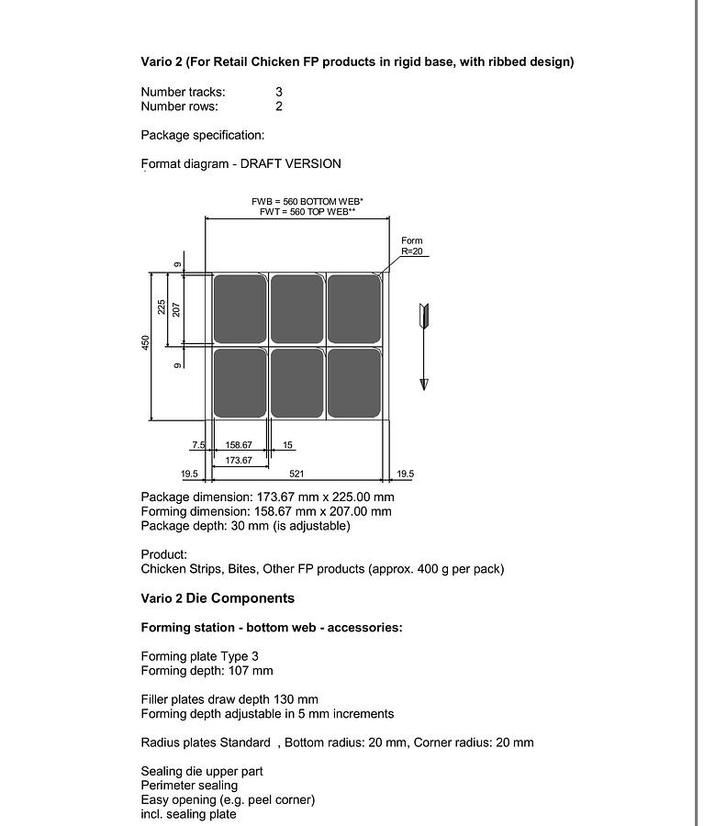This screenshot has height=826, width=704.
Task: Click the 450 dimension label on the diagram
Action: [x=145, y=341]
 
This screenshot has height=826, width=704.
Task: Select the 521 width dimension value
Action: [x=296, y=474]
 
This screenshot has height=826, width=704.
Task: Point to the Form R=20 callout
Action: [x=411, y=246]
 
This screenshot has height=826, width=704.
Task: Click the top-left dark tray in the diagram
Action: [x=240, y=308]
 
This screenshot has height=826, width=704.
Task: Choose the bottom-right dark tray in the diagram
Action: [x=353, y=383]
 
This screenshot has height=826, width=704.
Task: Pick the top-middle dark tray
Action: [x=296, y=308]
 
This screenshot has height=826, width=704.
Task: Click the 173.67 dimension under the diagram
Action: [x=238, y=460]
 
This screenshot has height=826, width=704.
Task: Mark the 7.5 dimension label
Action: [x=198, y=445]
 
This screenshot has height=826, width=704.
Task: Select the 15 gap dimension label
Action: [x=288, y=445]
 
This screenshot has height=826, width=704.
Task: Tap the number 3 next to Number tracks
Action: [x=278, y=92]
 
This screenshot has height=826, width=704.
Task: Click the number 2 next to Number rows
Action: [x=278, y=106]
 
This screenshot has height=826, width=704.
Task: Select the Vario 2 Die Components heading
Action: [x=218, y=598]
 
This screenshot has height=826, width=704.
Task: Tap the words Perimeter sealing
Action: [x=188, y=786]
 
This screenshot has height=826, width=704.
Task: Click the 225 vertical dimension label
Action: [x=162, y=307]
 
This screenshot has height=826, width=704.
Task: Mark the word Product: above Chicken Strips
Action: [x=163, y=554]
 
